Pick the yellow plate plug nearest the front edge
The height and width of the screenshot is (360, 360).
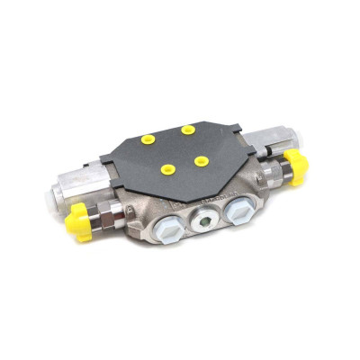166,168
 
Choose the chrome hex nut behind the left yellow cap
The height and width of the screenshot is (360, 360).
109,213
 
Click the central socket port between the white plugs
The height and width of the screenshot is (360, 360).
205,220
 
